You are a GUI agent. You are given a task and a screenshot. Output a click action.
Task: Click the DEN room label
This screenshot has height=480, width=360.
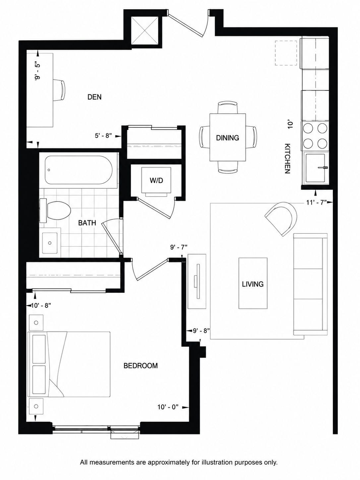pos(94,97)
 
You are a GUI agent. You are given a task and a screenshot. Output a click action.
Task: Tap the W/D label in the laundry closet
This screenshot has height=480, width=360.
pos(156,181)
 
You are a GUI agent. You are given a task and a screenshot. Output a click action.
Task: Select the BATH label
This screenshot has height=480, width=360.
pos(87,223)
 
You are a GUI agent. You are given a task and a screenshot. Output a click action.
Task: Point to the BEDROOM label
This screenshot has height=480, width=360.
pos(141,365)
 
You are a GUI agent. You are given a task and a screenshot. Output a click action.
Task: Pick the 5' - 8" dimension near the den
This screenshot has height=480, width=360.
pos(103,136)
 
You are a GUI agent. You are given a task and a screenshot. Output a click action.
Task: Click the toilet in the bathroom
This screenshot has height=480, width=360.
pos(55,211)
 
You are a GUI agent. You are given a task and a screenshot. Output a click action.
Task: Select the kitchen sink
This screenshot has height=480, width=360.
pos(315,168)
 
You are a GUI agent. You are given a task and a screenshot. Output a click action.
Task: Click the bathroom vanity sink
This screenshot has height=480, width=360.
pos(50,243)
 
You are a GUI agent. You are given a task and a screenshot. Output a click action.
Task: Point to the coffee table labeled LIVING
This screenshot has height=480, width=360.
pos(253,283)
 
